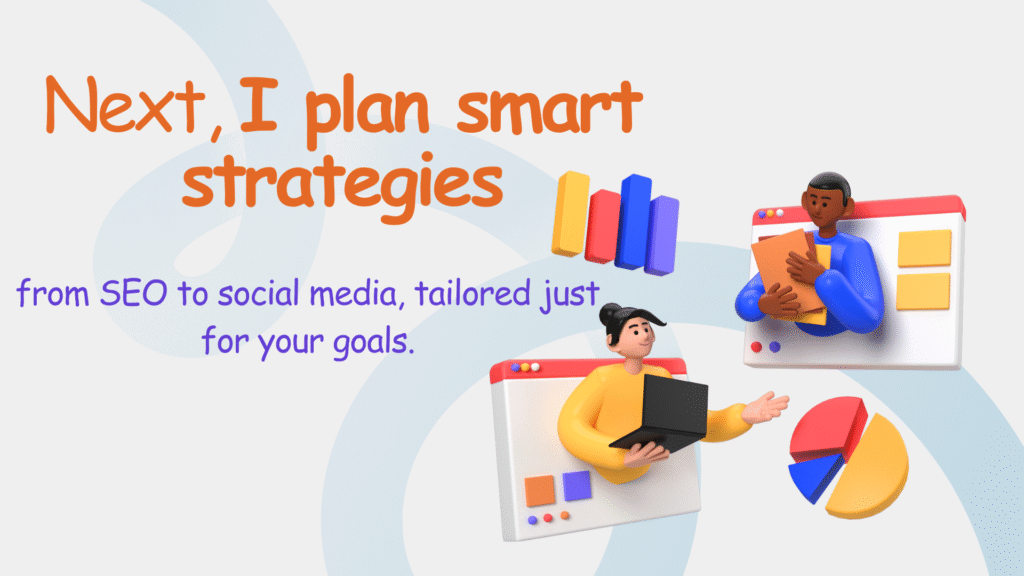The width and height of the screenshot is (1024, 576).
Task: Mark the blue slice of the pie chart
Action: pyautogui.click(x=812, y=478)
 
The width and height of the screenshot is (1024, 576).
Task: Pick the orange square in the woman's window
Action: pyautogui.click(x=540, y=491)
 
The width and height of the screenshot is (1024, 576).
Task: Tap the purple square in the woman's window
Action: pyautogui.click(x=577, y=486)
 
